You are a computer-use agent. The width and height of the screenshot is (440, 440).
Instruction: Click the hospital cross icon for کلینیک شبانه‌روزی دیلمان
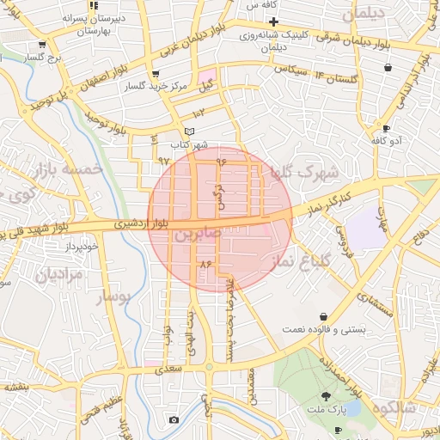click(273, 21)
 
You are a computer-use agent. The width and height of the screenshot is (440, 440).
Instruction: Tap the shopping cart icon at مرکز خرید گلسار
click(155, 75)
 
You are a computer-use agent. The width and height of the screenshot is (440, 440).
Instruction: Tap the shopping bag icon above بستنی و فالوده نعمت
click(323, 316)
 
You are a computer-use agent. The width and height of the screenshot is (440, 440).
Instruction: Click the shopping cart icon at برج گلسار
click(40, 45)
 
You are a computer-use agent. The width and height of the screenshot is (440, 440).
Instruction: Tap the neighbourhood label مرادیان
click(59, 276)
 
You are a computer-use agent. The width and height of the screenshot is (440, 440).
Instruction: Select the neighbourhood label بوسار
click(116, 296)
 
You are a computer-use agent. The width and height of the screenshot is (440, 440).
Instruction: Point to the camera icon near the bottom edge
click(174, 419)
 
